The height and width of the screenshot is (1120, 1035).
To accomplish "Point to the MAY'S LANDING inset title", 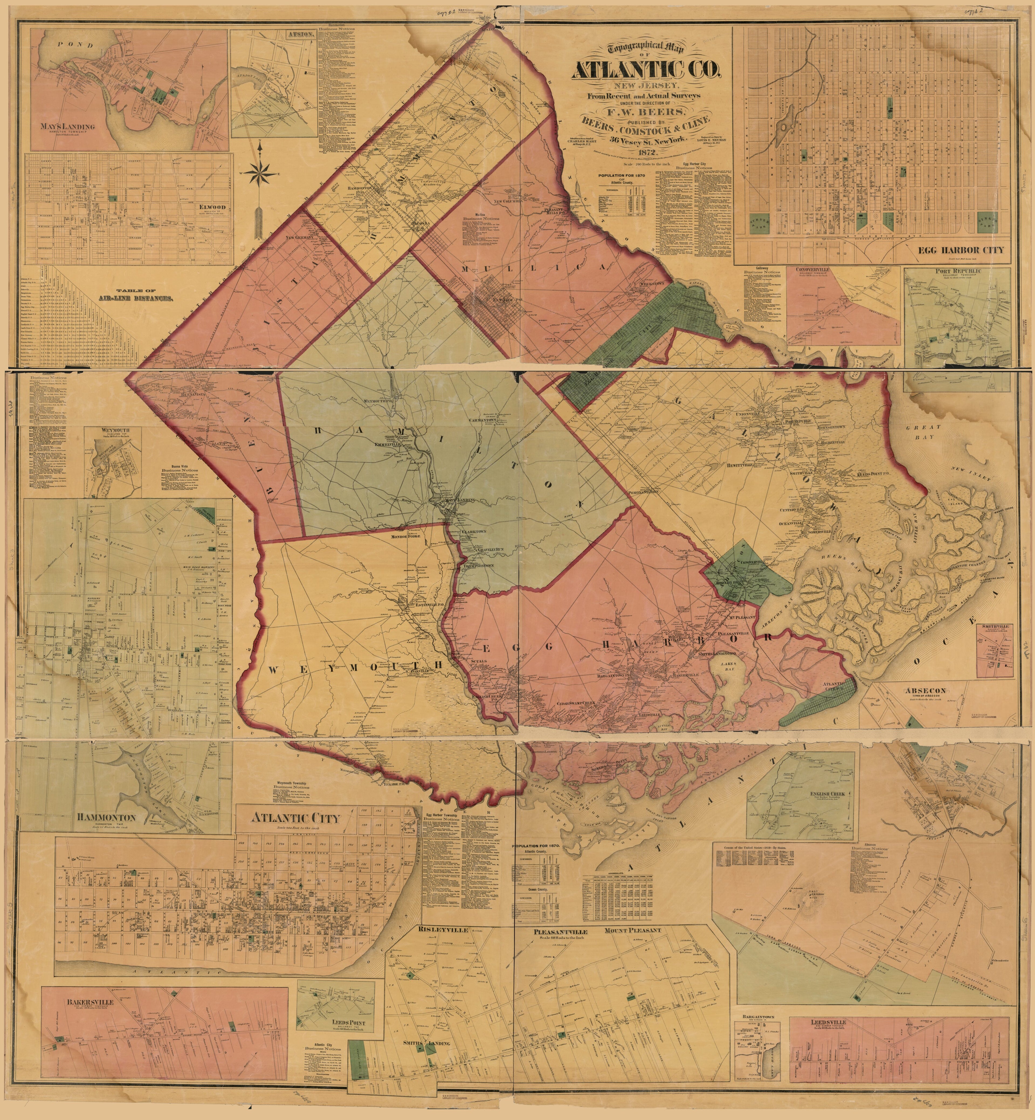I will [x=67, y=127].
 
